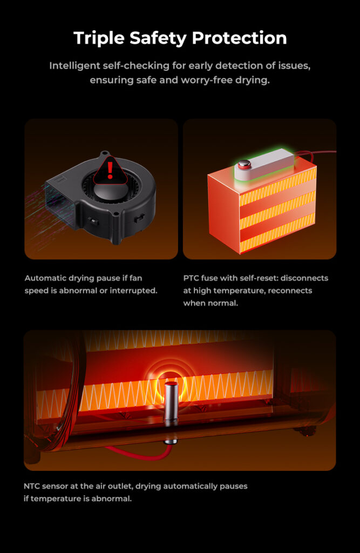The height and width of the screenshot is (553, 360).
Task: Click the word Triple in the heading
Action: point(99,38)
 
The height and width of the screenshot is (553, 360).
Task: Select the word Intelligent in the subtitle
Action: point(74,66)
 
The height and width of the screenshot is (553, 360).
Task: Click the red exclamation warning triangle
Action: point(110,170)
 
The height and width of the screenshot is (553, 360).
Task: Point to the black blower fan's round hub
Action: point(110,191)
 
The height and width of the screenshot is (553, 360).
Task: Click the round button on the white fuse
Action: point(244,164)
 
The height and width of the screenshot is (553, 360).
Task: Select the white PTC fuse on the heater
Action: point(264,164)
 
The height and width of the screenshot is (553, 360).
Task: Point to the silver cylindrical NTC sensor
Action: point(171,402)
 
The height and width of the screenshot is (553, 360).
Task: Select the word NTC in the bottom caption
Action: point(31,487)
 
